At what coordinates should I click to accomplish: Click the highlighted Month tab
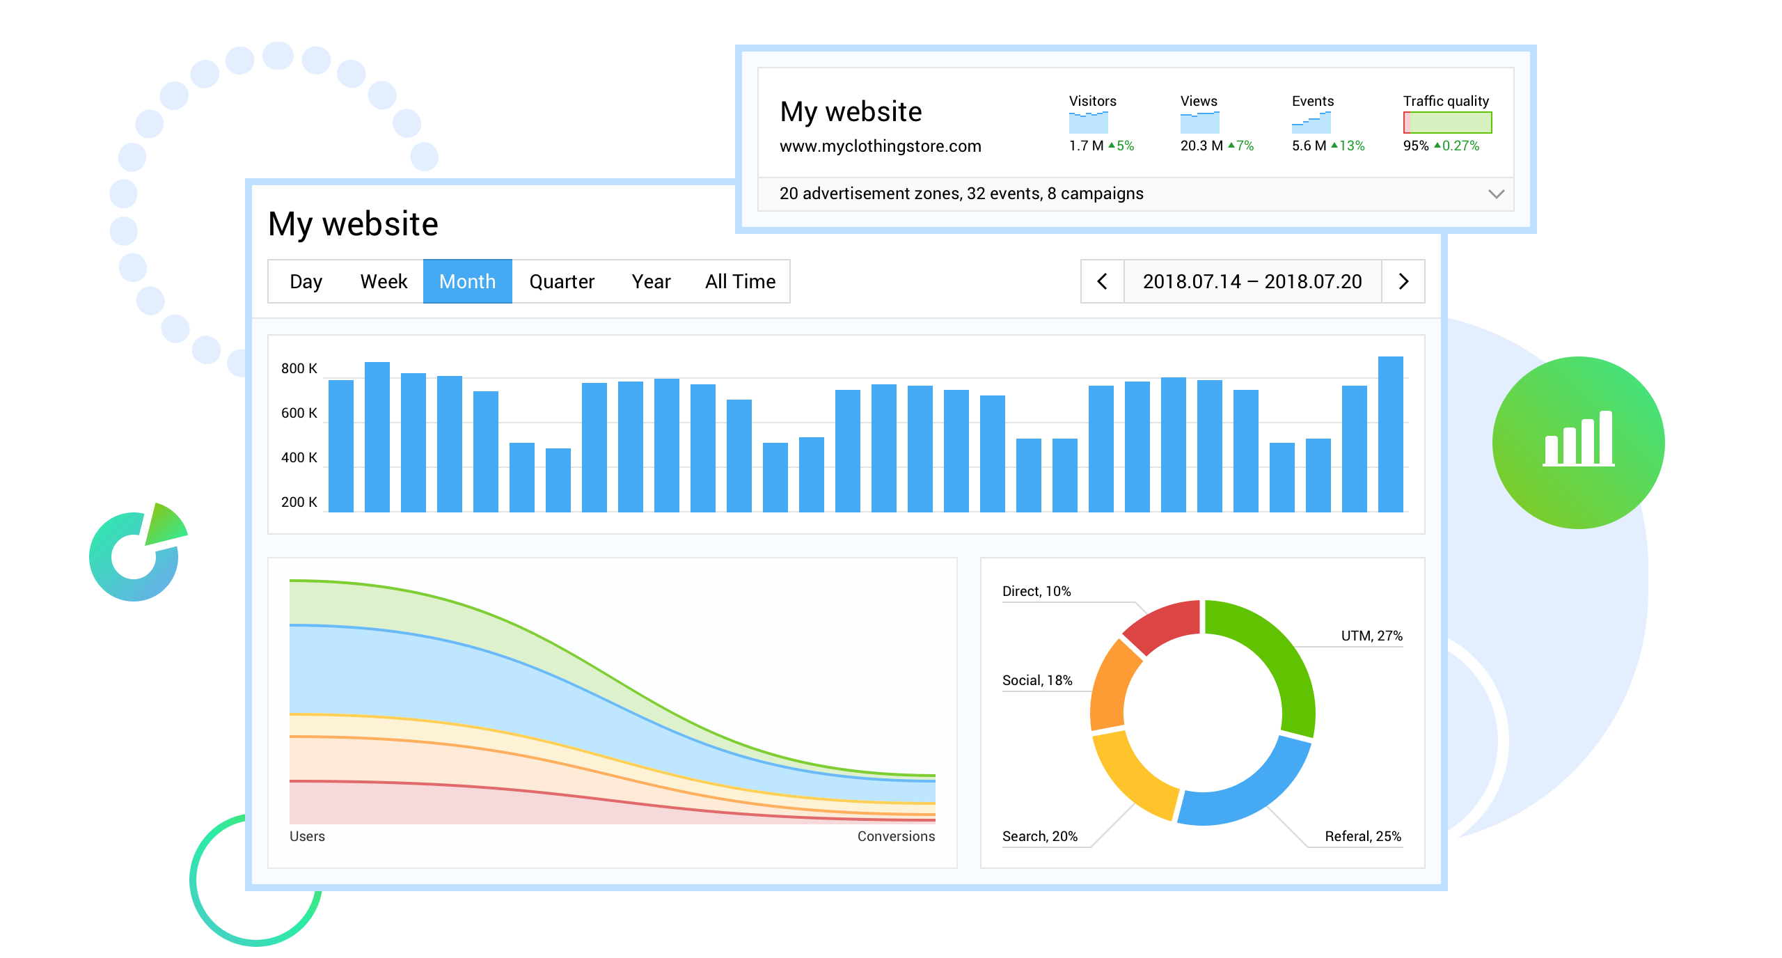coord(467,281)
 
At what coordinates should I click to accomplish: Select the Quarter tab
coord(562,281)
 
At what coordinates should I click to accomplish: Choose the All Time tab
coord(740,281)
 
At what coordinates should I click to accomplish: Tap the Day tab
coord(306,281)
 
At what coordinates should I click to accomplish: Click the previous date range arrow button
coord(1102,281)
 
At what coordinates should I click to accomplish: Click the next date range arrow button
coord(1403,281)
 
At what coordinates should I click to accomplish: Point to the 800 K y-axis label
coord(299,368)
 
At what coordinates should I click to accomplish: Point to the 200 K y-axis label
coord(299,502)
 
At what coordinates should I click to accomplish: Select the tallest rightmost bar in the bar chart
coord(1390,434)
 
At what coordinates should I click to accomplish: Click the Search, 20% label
coord(1039,836)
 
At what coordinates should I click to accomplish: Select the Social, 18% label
coord(1036,680)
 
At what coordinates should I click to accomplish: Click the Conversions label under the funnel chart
coord(896,836)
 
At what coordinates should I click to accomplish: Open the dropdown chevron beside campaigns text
coord(1496,194)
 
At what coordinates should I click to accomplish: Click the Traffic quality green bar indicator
coord(1447,123)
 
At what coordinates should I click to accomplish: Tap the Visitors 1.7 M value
coord(1086,146)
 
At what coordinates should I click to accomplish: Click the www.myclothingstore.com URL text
coord(880,146)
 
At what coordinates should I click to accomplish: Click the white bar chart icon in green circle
coord(1578,440)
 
